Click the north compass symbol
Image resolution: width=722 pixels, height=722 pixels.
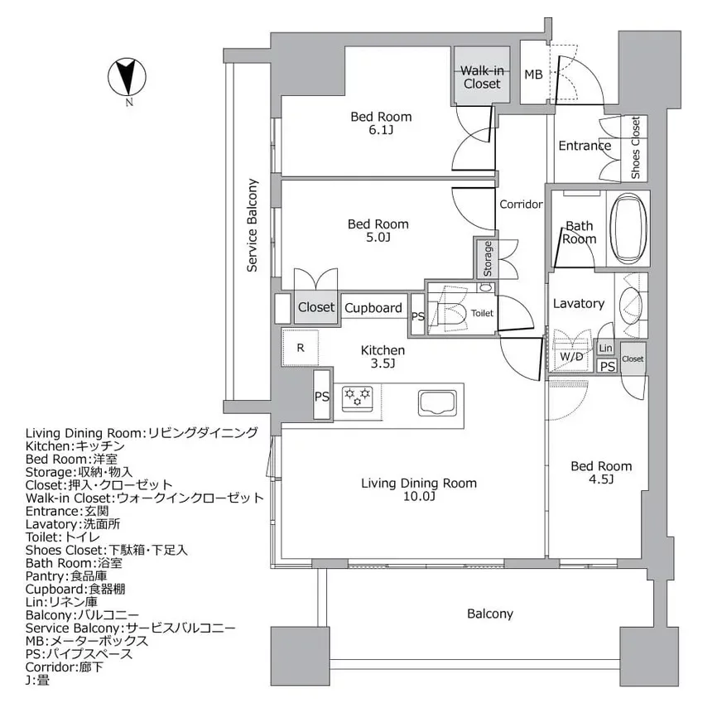click(128, 78)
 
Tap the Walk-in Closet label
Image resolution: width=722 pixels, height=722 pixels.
click(481, 77)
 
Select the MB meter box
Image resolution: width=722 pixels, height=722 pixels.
click(533, 75)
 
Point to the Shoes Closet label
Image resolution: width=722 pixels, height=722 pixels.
click(635, 149)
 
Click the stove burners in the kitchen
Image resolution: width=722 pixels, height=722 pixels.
click(357, 396)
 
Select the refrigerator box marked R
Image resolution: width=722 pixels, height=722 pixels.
click(300, 347)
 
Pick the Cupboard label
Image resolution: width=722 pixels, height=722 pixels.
click(373, 308)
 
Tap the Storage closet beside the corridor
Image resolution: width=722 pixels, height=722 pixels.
click(488, 258)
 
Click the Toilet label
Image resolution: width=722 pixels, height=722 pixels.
click(482, 314)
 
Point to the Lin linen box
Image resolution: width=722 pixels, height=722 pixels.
click(606, 349)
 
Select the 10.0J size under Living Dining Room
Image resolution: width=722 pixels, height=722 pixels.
click(418, 497)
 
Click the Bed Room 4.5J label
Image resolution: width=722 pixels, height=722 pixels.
click(601, 473)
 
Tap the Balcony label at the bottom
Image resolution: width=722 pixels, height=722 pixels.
click(490, 614)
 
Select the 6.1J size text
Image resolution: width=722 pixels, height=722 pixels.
click(380, 131)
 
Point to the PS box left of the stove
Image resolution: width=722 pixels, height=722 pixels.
click(322, 397)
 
